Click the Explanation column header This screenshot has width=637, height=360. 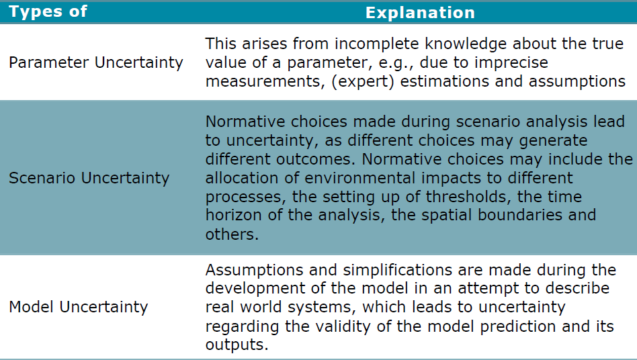pos(420,12)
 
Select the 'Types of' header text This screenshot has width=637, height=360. pos(48,11)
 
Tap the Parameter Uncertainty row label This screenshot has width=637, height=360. pos(95,62)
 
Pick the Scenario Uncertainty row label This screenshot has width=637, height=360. pos(89,178)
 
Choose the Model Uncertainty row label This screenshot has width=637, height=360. pos(78,307)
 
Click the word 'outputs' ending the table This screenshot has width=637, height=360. pos(236,345)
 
